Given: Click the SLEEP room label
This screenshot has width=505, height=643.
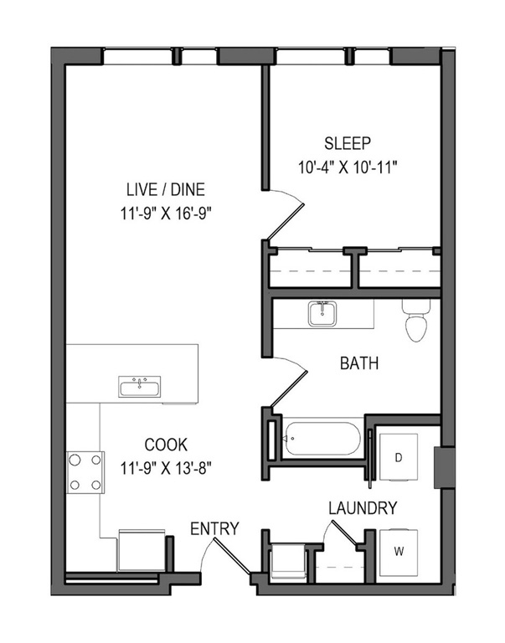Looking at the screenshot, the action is tap(347, 143).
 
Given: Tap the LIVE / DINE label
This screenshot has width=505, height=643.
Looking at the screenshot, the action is tap(165, 189).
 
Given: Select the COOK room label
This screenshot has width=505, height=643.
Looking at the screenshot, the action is tap(166, 445).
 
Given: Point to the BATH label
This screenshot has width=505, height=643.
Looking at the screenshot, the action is tap(359, 363).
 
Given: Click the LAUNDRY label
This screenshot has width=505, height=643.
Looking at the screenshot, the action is tap(363, 508).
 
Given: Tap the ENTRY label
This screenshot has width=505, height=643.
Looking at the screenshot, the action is tap(214, 528).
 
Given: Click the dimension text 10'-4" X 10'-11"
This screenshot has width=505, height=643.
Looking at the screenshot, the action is tap(348, 167).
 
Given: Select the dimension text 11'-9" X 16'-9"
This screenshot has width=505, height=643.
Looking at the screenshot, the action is tap(166, 213).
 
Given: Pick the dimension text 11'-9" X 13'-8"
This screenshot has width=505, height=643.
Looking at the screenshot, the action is tap(166, 467).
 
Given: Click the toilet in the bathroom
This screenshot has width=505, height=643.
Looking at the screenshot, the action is tap(416, 320).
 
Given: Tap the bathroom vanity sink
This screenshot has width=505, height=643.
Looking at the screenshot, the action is tap(322, 314).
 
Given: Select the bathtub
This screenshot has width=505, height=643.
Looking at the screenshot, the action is tap(322, 439).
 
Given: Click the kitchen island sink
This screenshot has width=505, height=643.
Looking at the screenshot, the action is tap(140, 386).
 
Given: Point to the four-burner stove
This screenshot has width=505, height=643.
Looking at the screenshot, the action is tap(85, 472).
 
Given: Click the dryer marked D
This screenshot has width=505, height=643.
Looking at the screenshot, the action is tap(399, 457).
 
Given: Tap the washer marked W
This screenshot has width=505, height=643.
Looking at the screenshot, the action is tap(399, 553).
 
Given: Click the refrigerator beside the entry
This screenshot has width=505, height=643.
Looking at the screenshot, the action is tap(142, 550).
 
